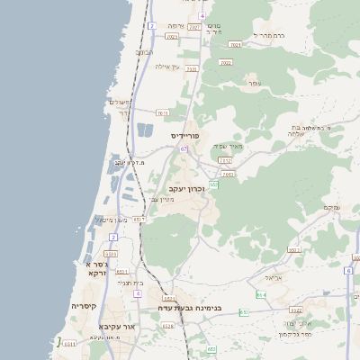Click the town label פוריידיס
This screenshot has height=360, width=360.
184,135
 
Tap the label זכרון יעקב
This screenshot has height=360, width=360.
187,188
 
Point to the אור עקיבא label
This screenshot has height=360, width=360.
116,326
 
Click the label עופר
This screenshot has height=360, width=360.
255,84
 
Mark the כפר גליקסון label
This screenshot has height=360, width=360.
294,334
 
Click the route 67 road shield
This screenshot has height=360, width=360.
184,148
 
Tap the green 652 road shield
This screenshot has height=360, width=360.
214,184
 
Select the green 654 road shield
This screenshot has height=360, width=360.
260,294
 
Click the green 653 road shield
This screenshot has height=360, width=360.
211,348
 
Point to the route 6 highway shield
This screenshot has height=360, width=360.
347,270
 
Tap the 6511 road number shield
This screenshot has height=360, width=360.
69,343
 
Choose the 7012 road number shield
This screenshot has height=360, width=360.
225,160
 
